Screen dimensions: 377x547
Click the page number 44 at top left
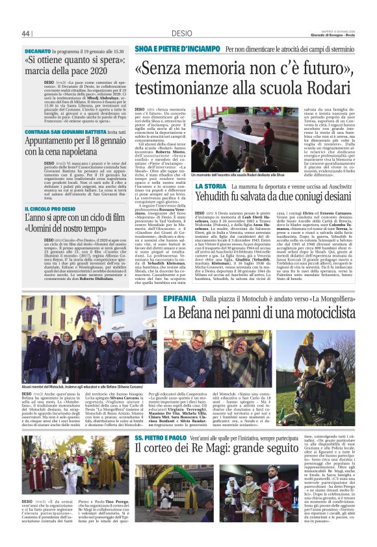27,33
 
